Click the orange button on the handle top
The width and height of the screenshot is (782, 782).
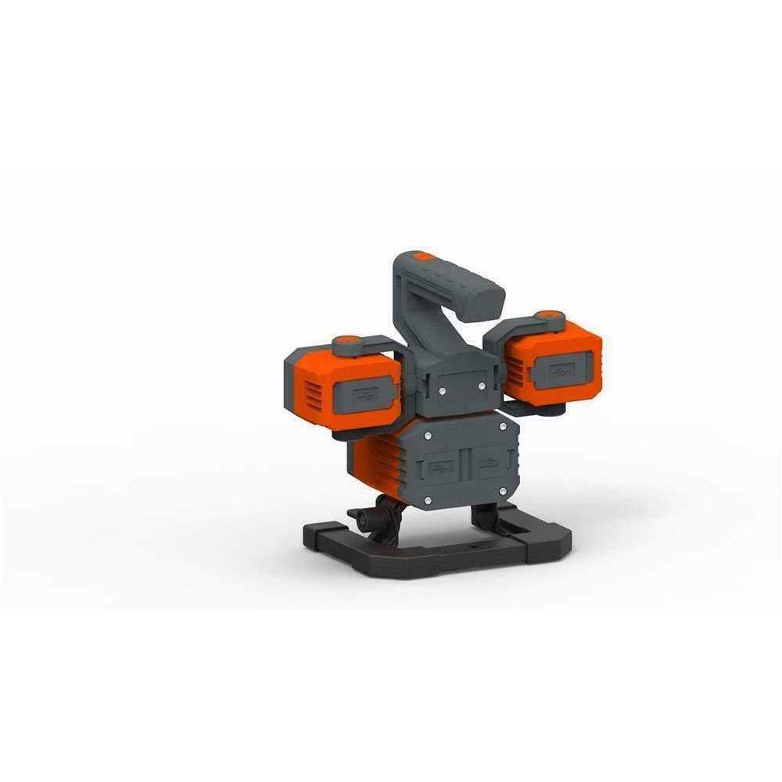(x=423, y=256)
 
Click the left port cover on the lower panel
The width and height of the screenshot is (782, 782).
(x=441, y=469)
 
